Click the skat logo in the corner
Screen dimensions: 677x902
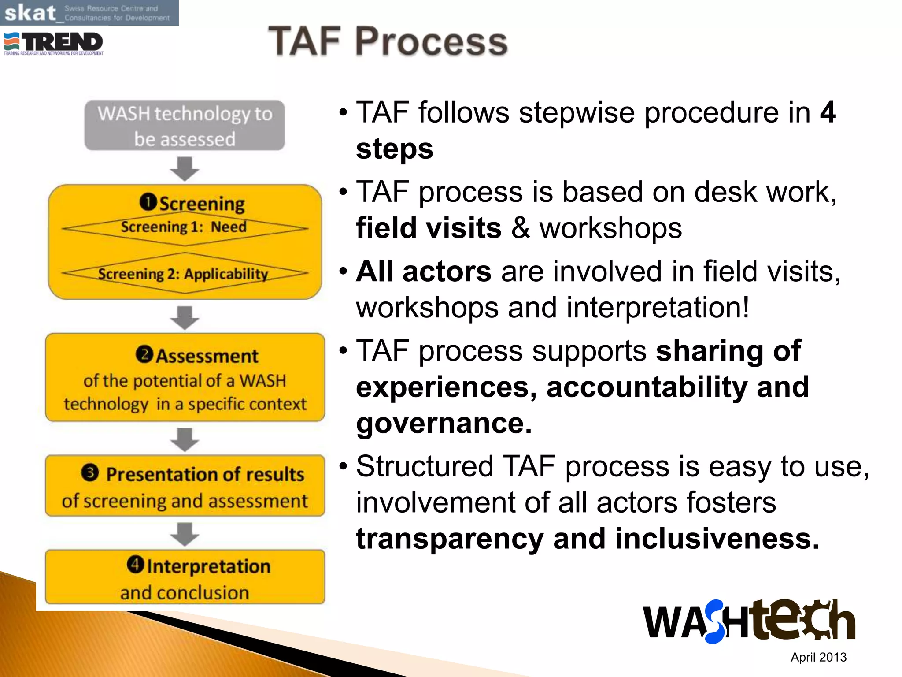(88, 13)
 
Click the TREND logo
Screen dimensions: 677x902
(54, 43)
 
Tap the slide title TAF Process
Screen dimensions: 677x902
(388, 41)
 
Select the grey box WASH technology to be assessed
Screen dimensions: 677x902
(185, 126)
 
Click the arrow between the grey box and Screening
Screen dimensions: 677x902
(185, 168)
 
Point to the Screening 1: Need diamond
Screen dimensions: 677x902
(185, 228)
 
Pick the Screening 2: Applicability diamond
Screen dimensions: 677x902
(185, 274)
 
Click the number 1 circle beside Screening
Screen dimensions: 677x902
(148, 202)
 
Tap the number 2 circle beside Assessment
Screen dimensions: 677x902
(144, 354)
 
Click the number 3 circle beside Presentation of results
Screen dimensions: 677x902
(90, 473)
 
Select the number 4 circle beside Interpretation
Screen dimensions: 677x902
(135, 564)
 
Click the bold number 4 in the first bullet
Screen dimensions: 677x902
(828, 113)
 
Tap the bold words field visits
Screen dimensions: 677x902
(429, 228)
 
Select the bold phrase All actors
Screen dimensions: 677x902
(424, 271)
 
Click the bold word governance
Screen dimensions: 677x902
(444, 423)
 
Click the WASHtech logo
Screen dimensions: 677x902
(749, 621)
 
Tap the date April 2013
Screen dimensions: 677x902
(818, 657)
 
